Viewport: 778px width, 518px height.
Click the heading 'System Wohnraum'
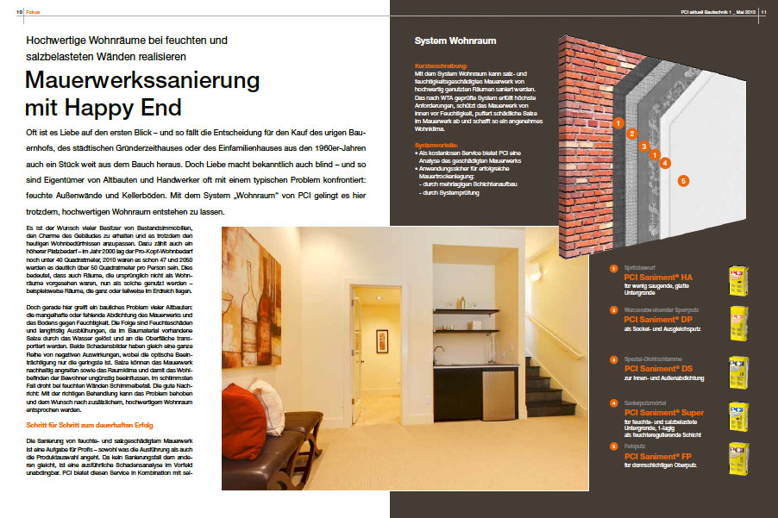(x=455, y=41)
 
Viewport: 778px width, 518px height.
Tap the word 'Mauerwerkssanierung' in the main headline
(x=142, y=81)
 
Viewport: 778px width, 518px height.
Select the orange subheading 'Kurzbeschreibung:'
(x=441, y=66)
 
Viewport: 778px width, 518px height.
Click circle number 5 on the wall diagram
(x=682, y=181)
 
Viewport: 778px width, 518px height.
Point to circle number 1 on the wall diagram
(x=618, y=123)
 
